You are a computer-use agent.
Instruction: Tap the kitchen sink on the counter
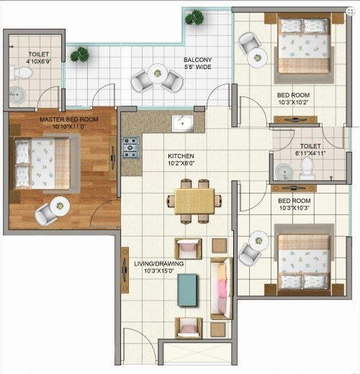point(183,123)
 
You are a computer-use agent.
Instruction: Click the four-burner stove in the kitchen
point(130,147)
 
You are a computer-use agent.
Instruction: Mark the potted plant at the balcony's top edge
point(193,17)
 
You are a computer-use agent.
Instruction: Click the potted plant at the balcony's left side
point(80,53)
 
